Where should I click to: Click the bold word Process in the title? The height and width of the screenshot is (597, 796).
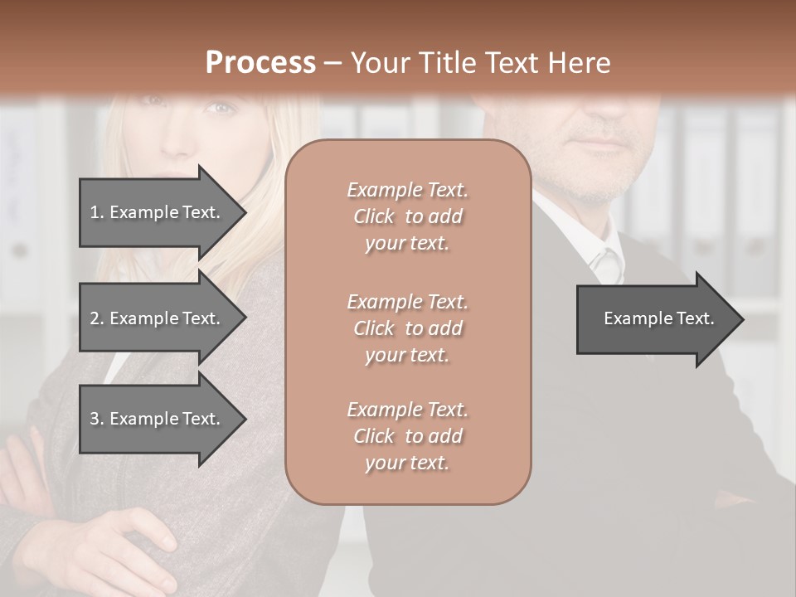pyautogui.click(x=260, y=62)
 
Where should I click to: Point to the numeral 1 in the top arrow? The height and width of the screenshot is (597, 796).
pyautogui.click(x=95, y=212)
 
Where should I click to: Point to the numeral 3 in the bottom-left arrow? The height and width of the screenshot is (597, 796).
pyautogui.click(x=95, y=419)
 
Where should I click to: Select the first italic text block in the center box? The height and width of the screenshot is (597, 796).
pyautogui.click(x=407, y=216)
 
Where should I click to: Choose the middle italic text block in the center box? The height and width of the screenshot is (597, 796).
pyautogui.click(x=407, y=328)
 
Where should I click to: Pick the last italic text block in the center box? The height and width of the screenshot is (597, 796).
pyautogui.click(x=407, y=436)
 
